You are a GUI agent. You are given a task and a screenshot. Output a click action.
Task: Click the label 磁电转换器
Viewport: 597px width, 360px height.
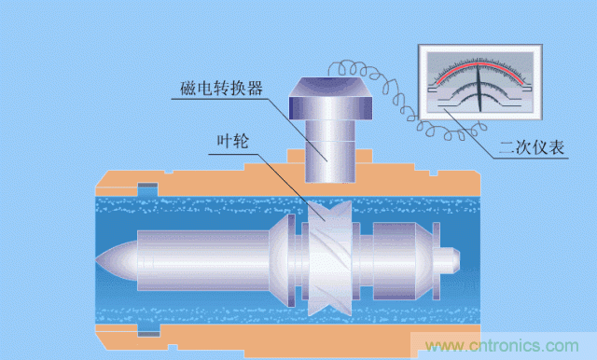tap(221, 88)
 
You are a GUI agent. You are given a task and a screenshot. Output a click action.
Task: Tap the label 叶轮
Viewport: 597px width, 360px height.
tap(232, 141)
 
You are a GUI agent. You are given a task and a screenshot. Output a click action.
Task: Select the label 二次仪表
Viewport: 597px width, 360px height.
tap(532, 147)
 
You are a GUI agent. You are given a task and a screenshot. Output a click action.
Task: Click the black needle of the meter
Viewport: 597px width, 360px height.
tap(479, 89)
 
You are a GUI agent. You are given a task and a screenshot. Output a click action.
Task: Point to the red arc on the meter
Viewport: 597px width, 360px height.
tap(479, 64)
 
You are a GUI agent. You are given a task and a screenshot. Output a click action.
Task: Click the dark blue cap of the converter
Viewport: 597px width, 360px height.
tap(330, 98)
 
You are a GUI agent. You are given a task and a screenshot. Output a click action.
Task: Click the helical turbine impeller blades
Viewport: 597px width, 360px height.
tap(329, 258)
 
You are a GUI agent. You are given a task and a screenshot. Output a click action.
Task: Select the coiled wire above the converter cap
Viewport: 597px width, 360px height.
tap(349, 68)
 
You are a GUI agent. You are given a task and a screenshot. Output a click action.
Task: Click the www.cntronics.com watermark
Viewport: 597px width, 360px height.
tap(502, 346)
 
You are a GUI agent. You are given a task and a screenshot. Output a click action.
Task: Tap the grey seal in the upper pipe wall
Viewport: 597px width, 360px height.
tap(147, 186)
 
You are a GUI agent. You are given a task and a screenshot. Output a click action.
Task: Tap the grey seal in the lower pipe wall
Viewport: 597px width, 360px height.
tap(148, 334)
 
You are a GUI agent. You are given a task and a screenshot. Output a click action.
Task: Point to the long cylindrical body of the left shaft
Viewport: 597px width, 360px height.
tap(203, 261)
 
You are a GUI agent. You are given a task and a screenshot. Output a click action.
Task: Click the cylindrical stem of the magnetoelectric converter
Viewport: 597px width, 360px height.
tap(330, 151)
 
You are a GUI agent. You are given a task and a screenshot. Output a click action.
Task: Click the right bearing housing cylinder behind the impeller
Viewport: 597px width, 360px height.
tap(394, 261)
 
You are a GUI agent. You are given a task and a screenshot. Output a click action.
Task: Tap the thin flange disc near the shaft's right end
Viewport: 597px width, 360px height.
tap(436, 261)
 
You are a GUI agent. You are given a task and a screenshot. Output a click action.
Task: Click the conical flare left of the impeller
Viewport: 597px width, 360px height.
tap(279, 261)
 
